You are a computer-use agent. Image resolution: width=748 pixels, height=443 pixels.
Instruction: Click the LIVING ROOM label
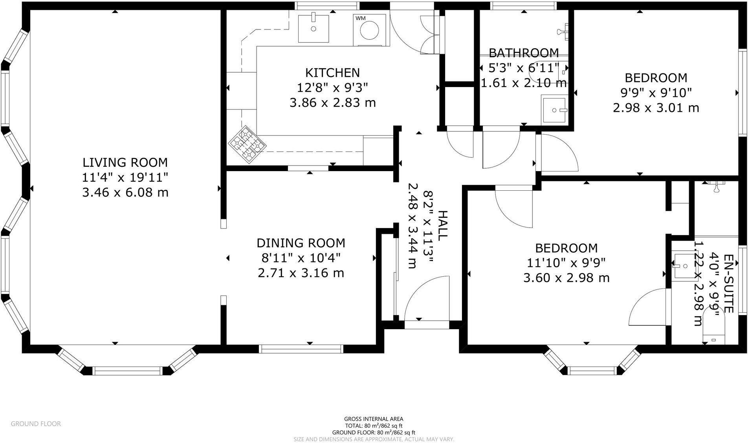click(125, 162)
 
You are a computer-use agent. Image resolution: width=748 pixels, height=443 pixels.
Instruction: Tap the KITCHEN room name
click(332, 73)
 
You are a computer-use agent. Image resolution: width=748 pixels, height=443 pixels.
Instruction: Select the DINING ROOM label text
click(301, 243)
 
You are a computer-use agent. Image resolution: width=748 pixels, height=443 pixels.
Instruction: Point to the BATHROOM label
click(524, 53)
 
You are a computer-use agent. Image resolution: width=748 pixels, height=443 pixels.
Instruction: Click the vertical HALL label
click(442, 226)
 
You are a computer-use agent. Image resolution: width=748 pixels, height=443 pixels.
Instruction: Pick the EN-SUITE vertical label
click(728, 283)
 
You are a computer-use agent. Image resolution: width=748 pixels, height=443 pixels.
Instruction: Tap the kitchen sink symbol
click(313, 27)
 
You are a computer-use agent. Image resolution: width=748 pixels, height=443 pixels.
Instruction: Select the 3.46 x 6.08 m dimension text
click(125, 193)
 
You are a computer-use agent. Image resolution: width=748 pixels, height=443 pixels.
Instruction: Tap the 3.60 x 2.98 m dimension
click(566, 278)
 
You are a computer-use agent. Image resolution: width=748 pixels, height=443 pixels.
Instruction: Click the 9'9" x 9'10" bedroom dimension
click(656, 93)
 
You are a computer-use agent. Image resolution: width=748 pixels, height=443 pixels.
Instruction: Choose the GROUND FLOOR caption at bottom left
click(36, 424)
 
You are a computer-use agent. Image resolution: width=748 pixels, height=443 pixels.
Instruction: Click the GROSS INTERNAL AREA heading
click(374, 419)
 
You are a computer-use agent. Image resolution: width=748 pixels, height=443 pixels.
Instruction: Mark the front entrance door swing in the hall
click(427, 298)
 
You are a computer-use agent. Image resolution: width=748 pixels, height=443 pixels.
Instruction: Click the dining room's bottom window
click(301, 349)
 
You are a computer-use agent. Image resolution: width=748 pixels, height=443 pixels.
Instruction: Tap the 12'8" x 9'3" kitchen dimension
click(332, 88)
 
